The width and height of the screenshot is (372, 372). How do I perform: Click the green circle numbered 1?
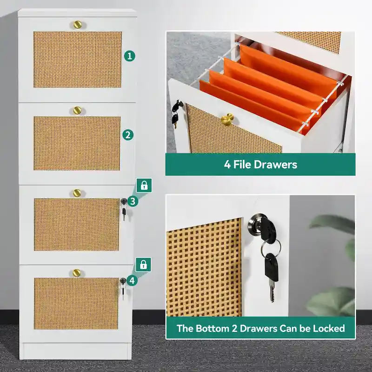(130, 56)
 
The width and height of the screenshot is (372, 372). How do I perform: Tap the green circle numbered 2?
(129, 135)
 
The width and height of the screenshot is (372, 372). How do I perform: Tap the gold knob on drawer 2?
(77, 111)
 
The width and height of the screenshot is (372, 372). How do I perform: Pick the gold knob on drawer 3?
(77, 192)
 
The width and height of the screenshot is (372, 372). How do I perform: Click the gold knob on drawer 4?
(76, 272)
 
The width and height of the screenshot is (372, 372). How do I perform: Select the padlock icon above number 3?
(145, 186)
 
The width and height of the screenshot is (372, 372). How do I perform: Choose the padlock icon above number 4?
(144, 265)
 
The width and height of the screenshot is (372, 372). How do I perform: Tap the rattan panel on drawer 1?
(77, 60)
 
